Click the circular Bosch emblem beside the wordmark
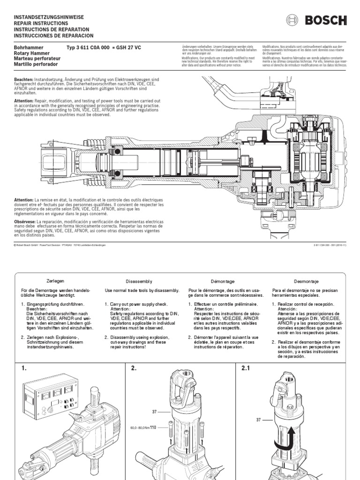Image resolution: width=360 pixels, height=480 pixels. coord(292,20)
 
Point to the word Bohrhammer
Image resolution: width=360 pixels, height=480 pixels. coord(29,48)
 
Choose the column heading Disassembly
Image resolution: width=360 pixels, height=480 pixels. coord(139,281)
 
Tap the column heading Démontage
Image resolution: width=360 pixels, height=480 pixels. coord(223,280)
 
